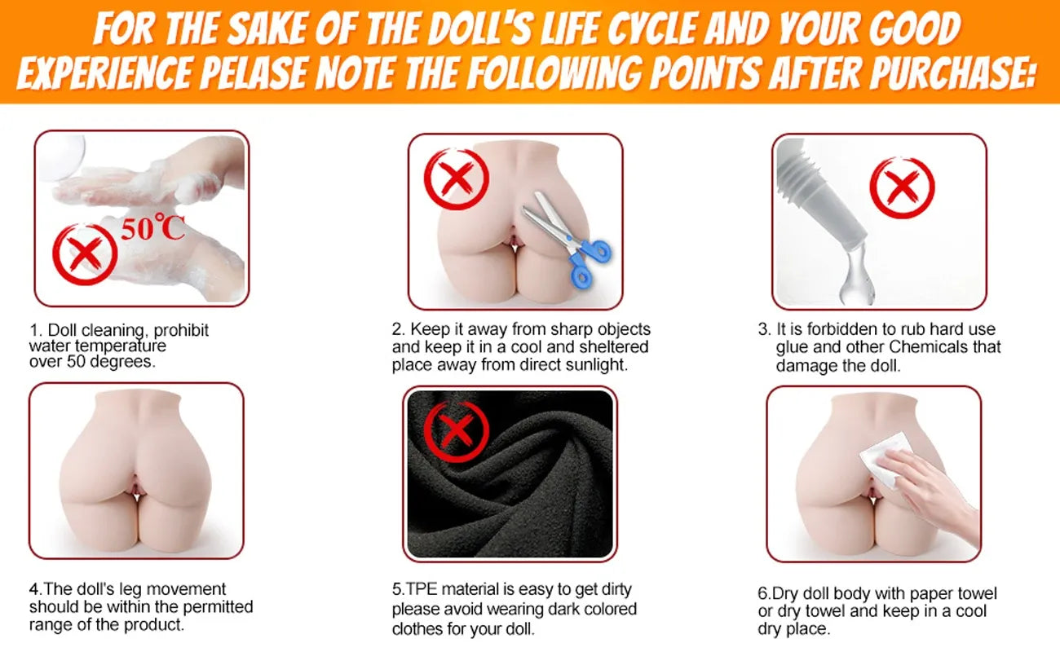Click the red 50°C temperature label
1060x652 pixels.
152,227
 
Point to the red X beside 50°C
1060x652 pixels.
85,254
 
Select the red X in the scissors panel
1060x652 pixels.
456,178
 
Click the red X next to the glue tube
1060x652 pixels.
902,187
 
